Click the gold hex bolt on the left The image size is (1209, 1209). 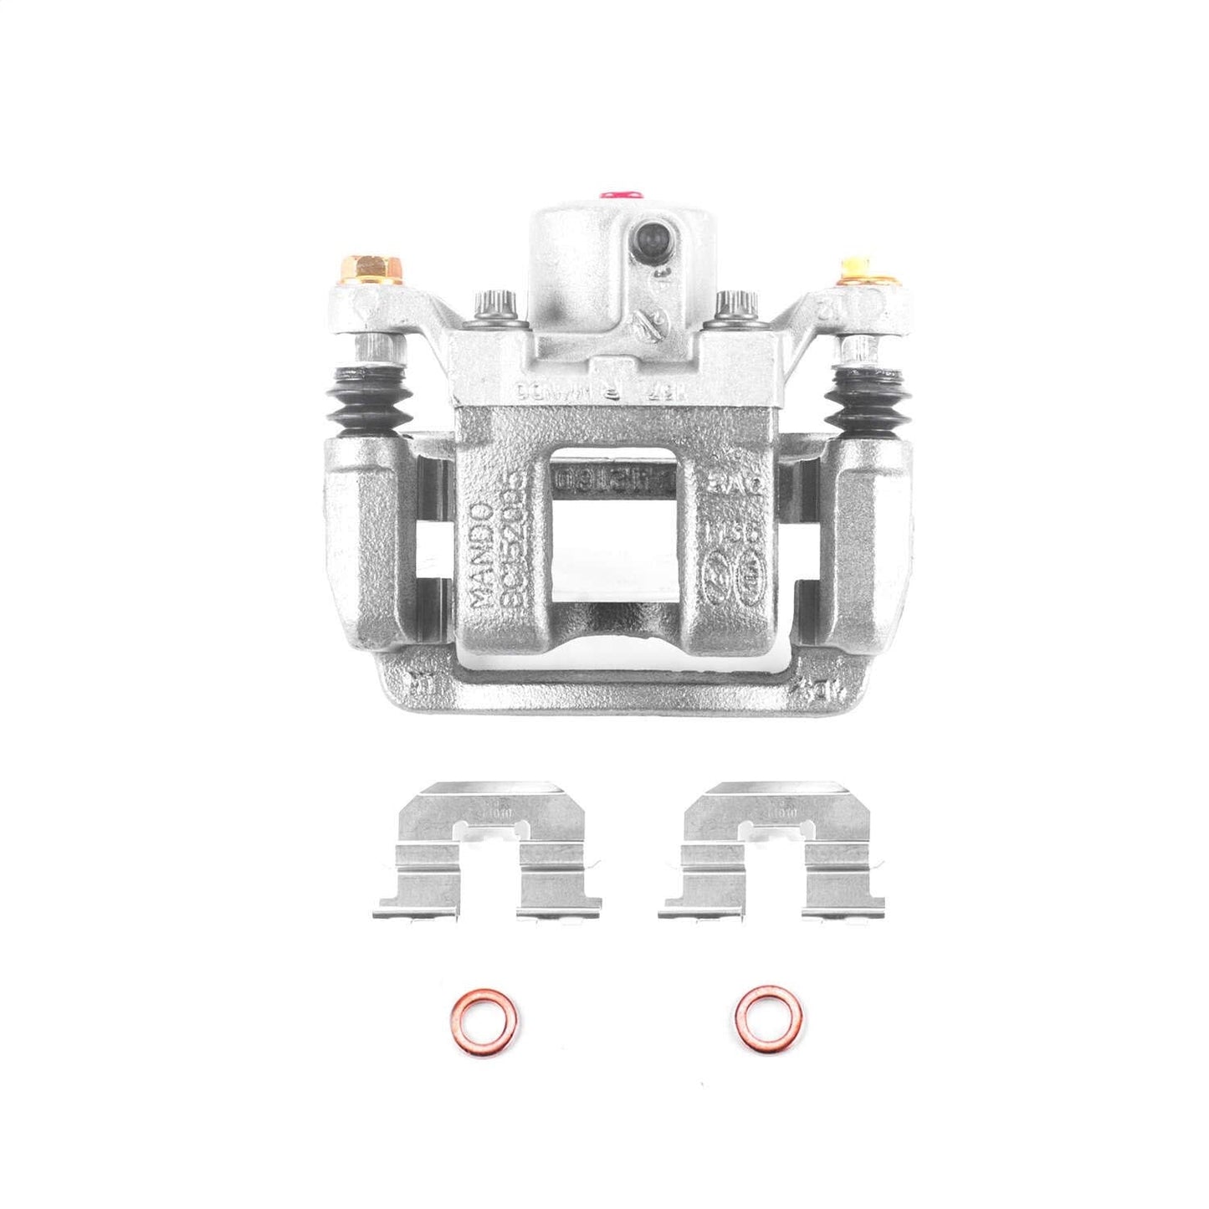point(374,269)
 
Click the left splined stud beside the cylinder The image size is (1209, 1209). point(492,305)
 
